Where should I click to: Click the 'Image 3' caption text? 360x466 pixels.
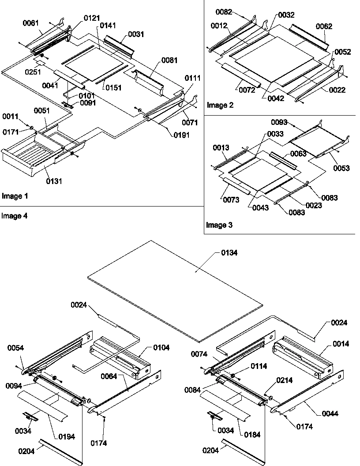[x=219, y=225]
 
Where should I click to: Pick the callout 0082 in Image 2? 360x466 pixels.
[x=224, y=11]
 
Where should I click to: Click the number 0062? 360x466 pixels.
[x=324, y=26]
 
